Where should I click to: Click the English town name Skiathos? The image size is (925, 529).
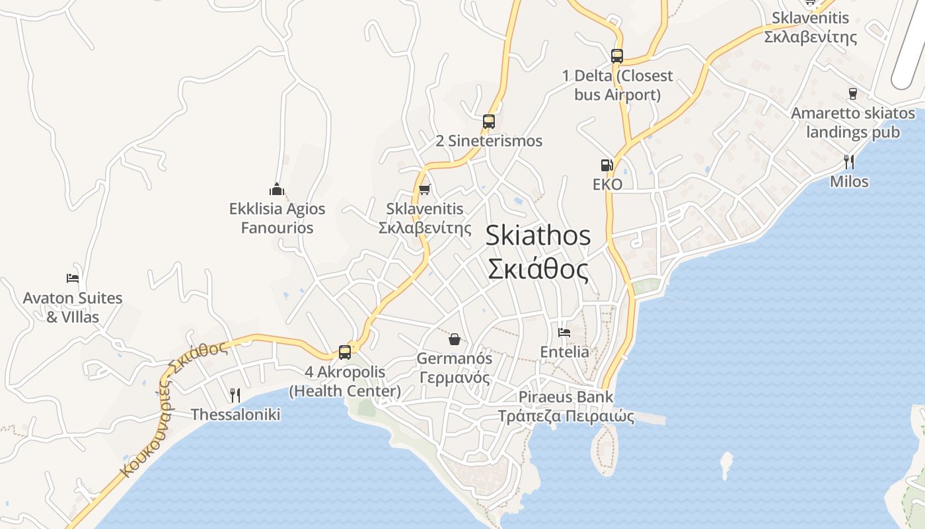[x=538, y=236]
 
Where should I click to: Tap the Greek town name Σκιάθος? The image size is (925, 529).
[x=538, y=269]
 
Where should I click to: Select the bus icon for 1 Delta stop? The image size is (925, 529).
[x=617, y=56]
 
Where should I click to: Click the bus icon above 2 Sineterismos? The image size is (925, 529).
[x=489, y=122]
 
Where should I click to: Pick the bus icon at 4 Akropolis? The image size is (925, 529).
[x=345, y=352]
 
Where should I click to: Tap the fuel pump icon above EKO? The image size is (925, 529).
[x=607, y=165]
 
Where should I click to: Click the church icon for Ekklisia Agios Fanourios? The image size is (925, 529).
[x=277, y=190]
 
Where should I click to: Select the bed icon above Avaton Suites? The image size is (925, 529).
[x=73, y=278]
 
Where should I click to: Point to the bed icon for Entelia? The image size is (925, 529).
[x=564, y=333]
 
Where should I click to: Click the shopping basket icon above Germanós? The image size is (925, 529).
[x=455, y=340]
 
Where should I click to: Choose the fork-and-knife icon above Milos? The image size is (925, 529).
[x=849, y=162]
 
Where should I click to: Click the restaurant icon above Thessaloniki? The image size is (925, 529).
[x=235, y=395]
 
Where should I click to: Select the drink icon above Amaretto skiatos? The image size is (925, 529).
[x=853, y=94]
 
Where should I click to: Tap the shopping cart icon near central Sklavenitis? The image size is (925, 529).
[x=425, y=190]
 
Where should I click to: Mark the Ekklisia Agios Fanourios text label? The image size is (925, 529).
[x=277, y=218]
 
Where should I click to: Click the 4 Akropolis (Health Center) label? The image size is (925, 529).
[x=345, y=382]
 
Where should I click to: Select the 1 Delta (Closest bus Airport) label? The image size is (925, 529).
[x=617, y=85]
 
